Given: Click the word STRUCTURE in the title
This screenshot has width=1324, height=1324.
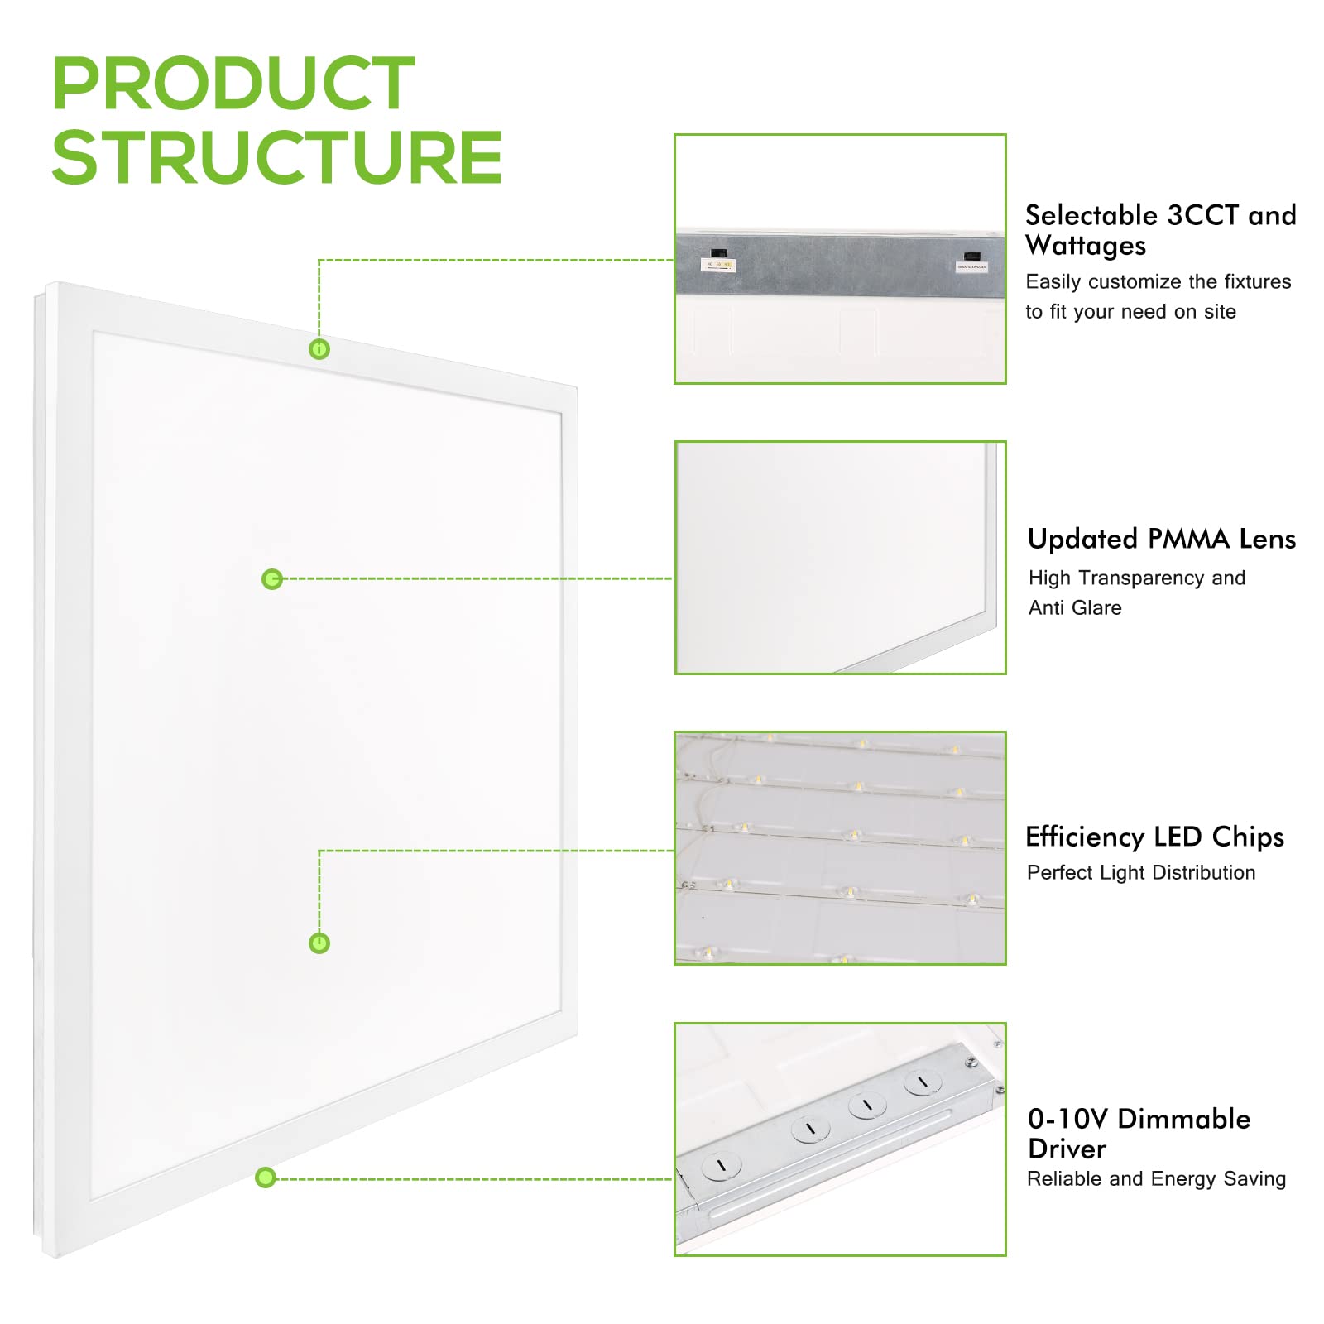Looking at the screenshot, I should click(x=276, y=157).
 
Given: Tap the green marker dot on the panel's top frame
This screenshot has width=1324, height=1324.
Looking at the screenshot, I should click(x=319, y=349).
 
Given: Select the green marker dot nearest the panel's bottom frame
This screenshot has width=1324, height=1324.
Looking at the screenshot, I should click(x=265, y=1177).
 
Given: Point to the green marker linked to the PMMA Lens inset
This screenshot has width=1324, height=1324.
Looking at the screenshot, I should click(x=271, y=579).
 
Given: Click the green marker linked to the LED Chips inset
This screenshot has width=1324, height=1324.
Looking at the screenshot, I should click(x=319, y=943).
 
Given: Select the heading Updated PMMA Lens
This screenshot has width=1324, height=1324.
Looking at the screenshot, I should click(x=1161, y=540).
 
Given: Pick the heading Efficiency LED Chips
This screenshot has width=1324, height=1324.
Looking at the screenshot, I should click(x=1154, y=837).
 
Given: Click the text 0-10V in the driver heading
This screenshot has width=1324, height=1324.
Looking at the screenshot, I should click(x=1067, y=1120).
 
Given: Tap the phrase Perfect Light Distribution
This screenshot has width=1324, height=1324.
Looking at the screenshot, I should click(x=1140, y=873).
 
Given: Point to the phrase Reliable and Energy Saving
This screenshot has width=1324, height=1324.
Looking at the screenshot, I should click(x=1156, y=1179).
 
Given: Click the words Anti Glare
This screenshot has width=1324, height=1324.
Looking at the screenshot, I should click(x=1075, y=608).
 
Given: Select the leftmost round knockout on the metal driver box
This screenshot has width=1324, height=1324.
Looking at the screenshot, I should click(x=717, y=1166).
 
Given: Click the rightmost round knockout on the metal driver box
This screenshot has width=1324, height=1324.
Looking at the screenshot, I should click(x=922, y=1082).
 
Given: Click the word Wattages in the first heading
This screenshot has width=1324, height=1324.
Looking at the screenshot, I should click(x=1086, y=247).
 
